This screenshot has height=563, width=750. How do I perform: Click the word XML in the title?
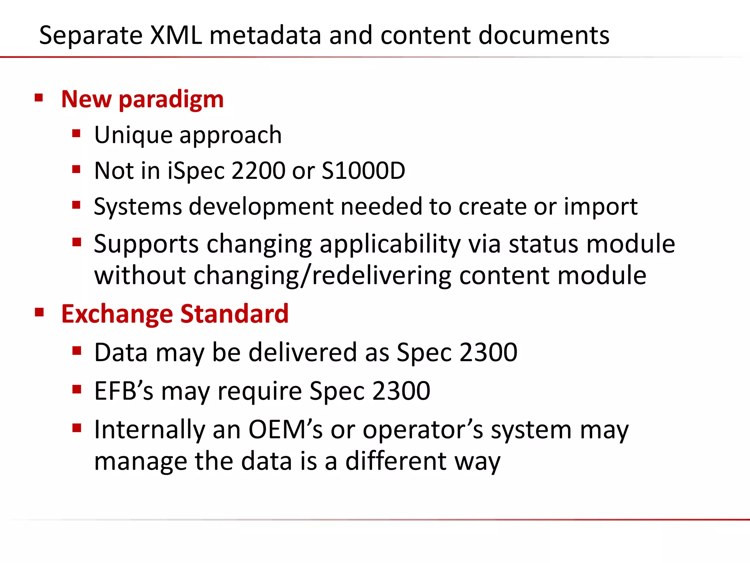176,36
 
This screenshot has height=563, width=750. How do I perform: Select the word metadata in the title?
265,36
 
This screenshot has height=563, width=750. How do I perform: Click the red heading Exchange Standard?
175,314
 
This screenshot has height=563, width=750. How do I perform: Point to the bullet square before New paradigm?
39,98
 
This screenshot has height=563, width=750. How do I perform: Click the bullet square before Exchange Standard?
39,313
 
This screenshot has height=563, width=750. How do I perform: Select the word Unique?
133,135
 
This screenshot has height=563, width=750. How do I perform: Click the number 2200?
259,171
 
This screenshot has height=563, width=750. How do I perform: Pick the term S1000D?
363,171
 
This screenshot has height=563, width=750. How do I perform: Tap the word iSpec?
196,171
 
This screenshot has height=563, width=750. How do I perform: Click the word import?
601,206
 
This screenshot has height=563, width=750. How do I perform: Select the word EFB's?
124,391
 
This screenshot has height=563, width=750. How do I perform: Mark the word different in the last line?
396,461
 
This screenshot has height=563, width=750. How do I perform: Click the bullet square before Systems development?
76,205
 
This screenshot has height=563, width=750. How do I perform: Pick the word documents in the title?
544,36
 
